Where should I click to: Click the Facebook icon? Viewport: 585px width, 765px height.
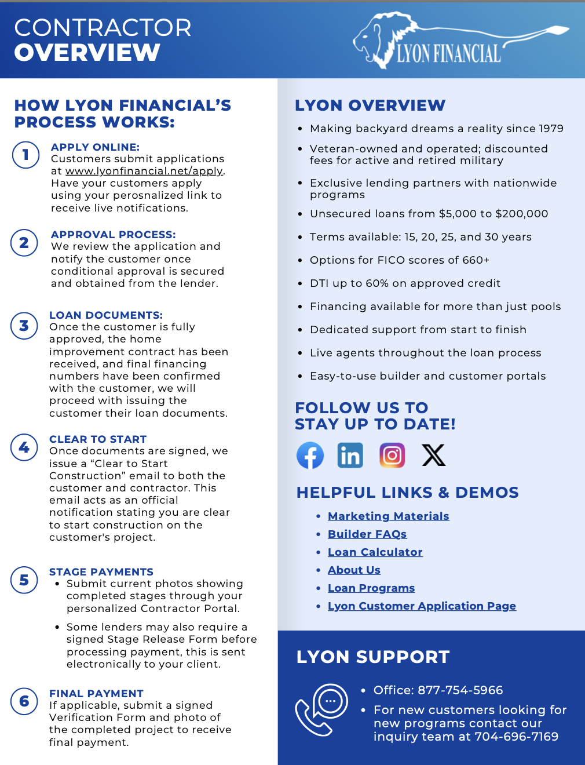click(x=310, y=456)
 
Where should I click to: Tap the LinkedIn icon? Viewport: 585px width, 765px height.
click(x=350, y=456)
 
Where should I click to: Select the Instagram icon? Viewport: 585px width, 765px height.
click(x=392, y=456)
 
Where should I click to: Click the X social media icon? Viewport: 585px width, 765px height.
click(x=433, y=456)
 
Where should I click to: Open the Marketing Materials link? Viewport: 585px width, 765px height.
click(x=388, y=516)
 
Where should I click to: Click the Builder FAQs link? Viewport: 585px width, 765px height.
click(x=367, y=534)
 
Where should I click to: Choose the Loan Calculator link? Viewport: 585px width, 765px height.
click(x=375, y=552)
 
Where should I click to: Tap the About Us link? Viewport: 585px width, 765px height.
click(x=354, y=570)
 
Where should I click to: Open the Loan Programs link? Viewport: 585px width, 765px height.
click(x=371, y=588)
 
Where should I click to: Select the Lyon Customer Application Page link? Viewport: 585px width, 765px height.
click(x=422, y=606)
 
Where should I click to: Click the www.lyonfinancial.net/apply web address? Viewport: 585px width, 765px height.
click(x=144, y=171)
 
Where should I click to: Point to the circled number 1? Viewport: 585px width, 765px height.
click(x=25, y=155)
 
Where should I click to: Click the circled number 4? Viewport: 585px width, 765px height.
click(x=24, y=447)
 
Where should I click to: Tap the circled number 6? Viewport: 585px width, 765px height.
click(x=24, y=701)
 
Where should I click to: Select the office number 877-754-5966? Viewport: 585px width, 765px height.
click(x=460, y=690)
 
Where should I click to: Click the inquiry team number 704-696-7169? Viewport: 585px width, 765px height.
click(x=516, y=737)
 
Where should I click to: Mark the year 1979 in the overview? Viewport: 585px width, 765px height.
click(x=550, y=129)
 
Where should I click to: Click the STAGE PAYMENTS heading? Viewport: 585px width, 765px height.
click(x=101, y=572)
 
